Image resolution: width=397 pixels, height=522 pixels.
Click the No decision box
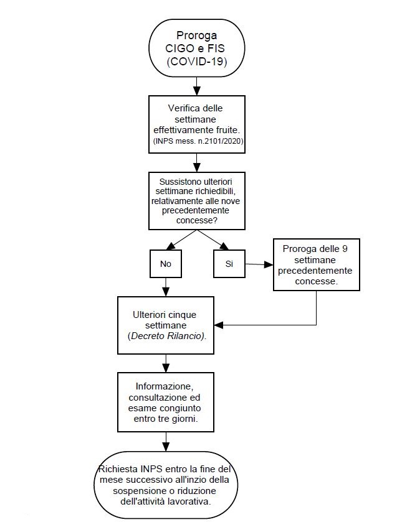(166, 264)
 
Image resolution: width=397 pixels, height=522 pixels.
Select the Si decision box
(229, 264)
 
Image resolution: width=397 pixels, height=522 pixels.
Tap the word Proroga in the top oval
(197, 35)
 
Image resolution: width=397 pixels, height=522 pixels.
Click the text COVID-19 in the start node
(197, 61)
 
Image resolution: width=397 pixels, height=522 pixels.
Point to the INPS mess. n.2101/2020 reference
(198, 141)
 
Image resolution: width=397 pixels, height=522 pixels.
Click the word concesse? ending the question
(197, 220)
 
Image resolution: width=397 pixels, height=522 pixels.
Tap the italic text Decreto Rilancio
(167, 336)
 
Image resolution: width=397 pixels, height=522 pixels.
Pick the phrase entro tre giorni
(166, 419)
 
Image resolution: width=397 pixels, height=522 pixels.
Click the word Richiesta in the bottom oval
(118, 469)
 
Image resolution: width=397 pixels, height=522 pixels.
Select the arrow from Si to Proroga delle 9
(259, 264)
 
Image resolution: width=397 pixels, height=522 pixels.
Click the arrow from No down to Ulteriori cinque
(166, 287)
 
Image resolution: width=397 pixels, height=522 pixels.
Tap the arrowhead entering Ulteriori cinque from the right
(219, 325)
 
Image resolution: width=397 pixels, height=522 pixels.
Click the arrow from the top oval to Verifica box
(197, 86)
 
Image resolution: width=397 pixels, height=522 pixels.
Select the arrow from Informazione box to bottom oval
(166, 442)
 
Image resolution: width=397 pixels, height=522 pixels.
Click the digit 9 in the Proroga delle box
(345, 249)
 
